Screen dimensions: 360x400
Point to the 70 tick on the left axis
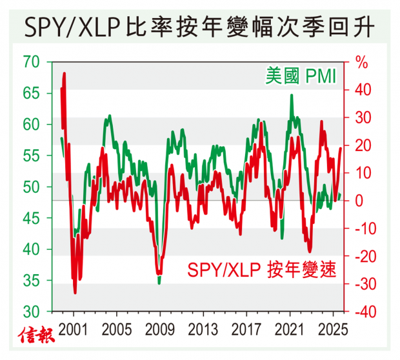click(32, 63)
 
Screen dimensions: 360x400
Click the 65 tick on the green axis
click(32, 94)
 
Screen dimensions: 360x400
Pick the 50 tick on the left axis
click(32, 188)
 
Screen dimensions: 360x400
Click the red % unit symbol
click(361, 64)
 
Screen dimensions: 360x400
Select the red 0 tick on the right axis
click(359, 201)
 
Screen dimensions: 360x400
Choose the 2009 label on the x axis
click(159, 327)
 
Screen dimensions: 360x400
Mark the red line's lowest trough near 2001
click(75, 293)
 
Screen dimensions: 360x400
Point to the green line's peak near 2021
click(292, 95)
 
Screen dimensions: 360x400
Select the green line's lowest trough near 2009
click(159, 283)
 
